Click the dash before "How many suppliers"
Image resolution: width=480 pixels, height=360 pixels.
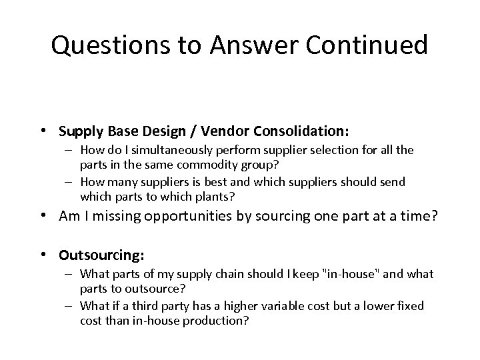(72, 182)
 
